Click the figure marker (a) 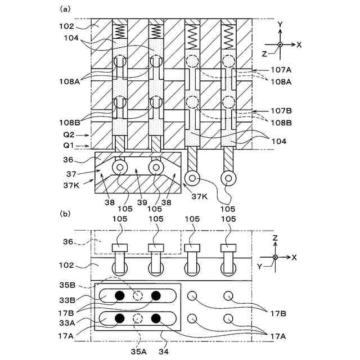pos(65,8)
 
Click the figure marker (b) pos(65,214)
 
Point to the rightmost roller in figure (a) pos(228,178)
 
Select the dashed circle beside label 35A pos(138,319)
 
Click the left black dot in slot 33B pos(119,296)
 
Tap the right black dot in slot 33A pos(156,319)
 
